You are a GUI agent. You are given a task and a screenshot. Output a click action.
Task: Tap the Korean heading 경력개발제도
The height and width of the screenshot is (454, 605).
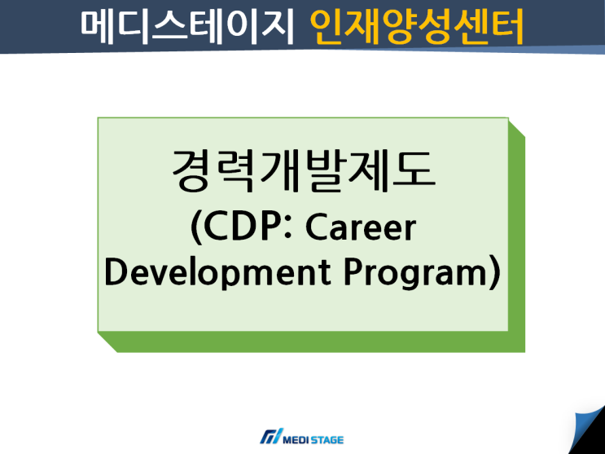303,172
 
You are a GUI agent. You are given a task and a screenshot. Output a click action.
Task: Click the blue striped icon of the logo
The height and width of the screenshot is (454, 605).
270,437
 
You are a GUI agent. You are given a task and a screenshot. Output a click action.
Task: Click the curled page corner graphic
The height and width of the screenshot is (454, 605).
588,430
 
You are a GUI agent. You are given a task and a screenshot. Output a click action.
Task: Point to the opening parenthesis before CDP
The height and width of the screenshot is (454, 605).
196,230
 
